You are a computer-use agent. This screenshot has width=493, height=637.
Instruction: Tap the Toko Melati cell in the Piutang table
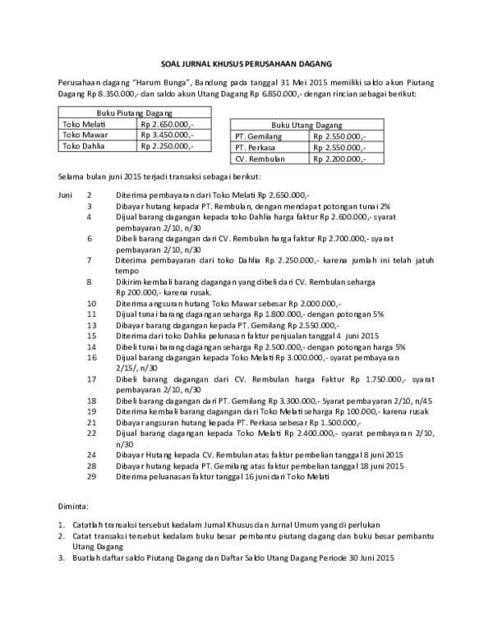(80, 123)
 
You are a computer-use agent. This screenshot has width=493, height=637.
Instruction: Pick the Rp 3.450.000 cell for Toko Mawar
(168, 135)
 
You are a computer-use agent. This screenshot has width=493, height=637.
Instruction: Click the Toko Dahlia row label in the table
(81, 146)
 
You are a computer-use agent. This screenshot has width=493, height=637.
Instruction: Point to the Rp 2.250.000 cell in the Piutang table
(168, 146)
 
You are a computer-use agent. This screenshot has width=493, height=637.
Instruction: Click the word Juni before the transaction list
(66, 195)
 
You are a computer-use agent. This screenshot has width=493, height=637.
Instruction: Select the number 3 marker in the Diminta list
(61, 558)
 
